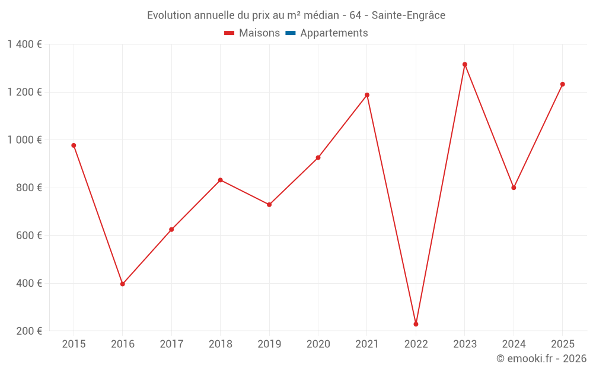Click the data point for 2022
click(416, 324)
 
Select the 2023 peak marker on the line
click(465, 64)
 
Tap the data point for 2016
click(123, 284)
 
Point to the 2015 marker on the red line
click(74, 145)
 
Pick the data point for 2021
click(367, 95)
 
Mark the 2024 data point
click(514, 188)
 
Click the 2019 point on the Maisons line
click(269, 205)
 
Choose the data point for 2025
click(562, 84)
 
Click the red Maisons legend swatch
click(229, 33)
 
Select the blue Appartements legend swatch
click(291, 33)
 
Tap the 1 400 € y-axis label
click(24, 45)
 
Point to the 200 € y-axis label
click(29, 331)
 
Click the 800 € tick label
click(29, 188)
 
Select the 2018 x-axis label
click(221, 344)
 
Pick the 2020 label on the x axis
click(318, 344)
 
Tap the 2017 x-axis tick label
click(172, 344)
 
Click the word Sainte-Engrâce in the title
click(409, 15)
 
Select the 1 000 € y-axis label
click(24, 140)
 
